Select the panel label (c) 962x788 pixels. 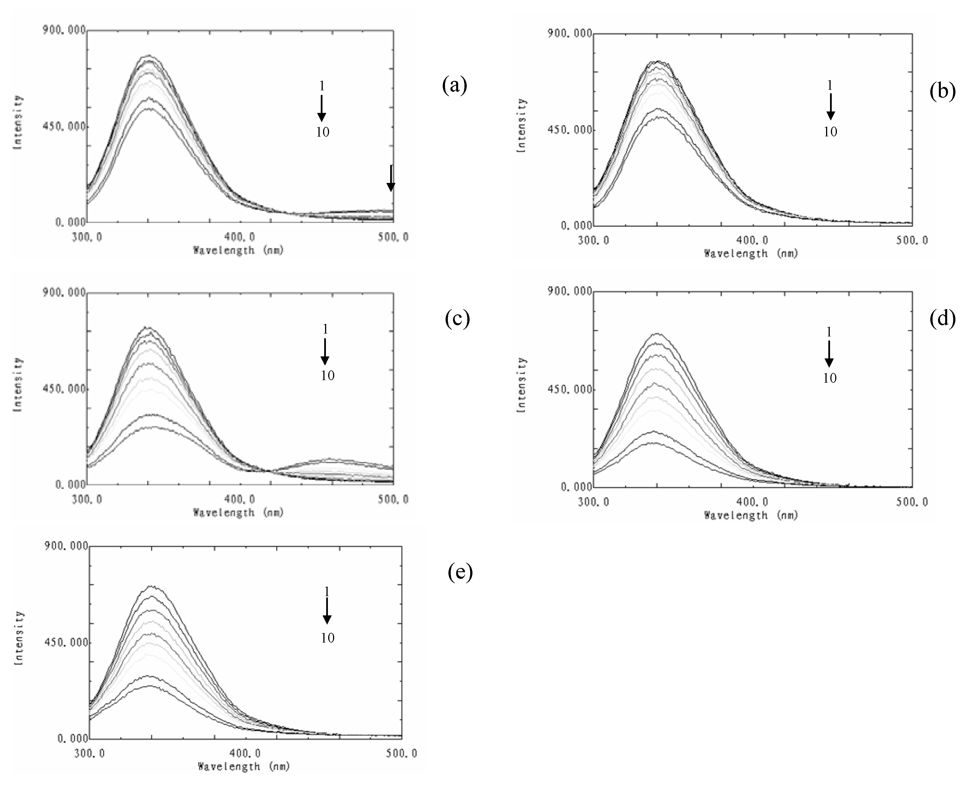pyautogui.click(x=457, y=319)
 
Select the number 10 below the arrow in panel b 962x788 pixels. pyautogui.click(x=830, y=132)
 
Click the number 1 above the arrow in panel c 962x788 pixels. pyautogui.click(x=325, y=329)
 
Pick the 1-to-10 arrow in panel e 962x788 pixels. pyautogui.click(x=327, y=611)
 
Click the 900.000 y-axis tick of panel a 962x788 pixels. pyautogui.click(x=64, y=30)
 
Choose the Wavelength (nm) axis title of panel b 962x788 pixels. pyautogui.click(x=751, y=253)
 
